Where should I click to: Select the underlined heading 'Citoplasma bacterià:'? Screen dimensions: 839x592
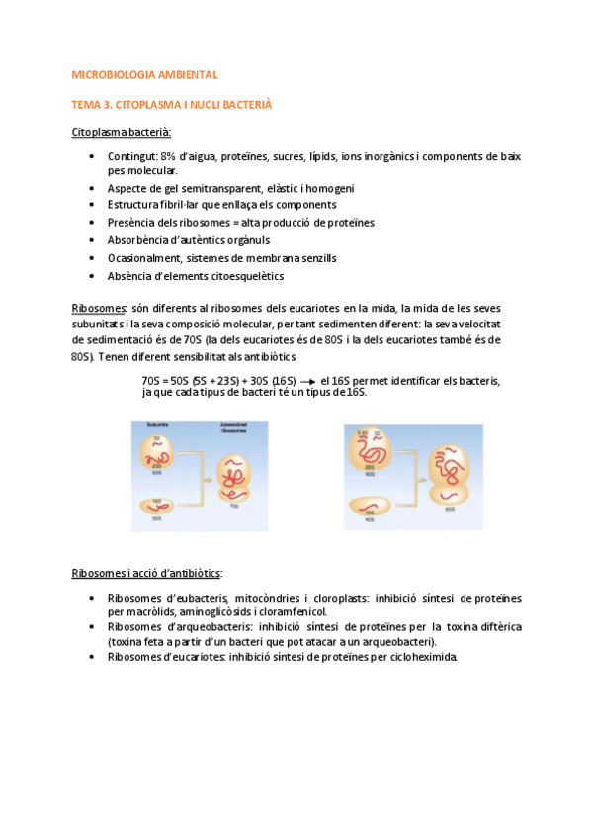pyautogui.click(x=122, y=132)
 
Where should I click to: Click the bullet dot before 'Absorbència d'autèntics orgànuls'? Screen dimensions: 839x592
pyautogui.click(x=92, y=240)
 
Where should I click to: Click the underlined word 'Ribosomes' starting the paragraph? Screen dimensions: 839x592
pyautogui.click(x=99, y=307)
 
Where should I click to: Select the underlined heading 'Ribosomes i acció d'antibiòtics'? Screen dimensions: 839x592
pyautogui.click(x=147, y=574)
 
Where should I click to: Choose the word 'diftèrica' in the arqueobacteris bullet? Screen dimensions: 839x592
pyautogui.click(x=500, y=627)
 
